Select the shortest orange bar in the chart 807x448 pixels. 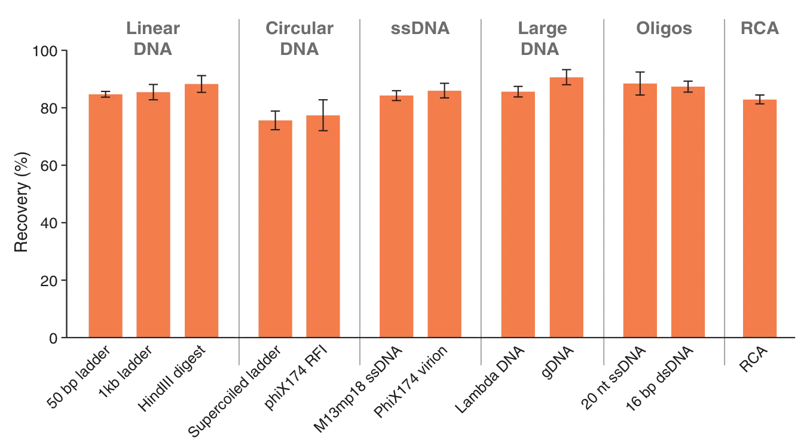click(276, 227)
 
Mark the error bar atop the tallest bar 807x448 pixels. click(565, 76)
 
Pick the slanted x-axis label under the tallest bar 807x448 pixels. click(553, 364)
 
